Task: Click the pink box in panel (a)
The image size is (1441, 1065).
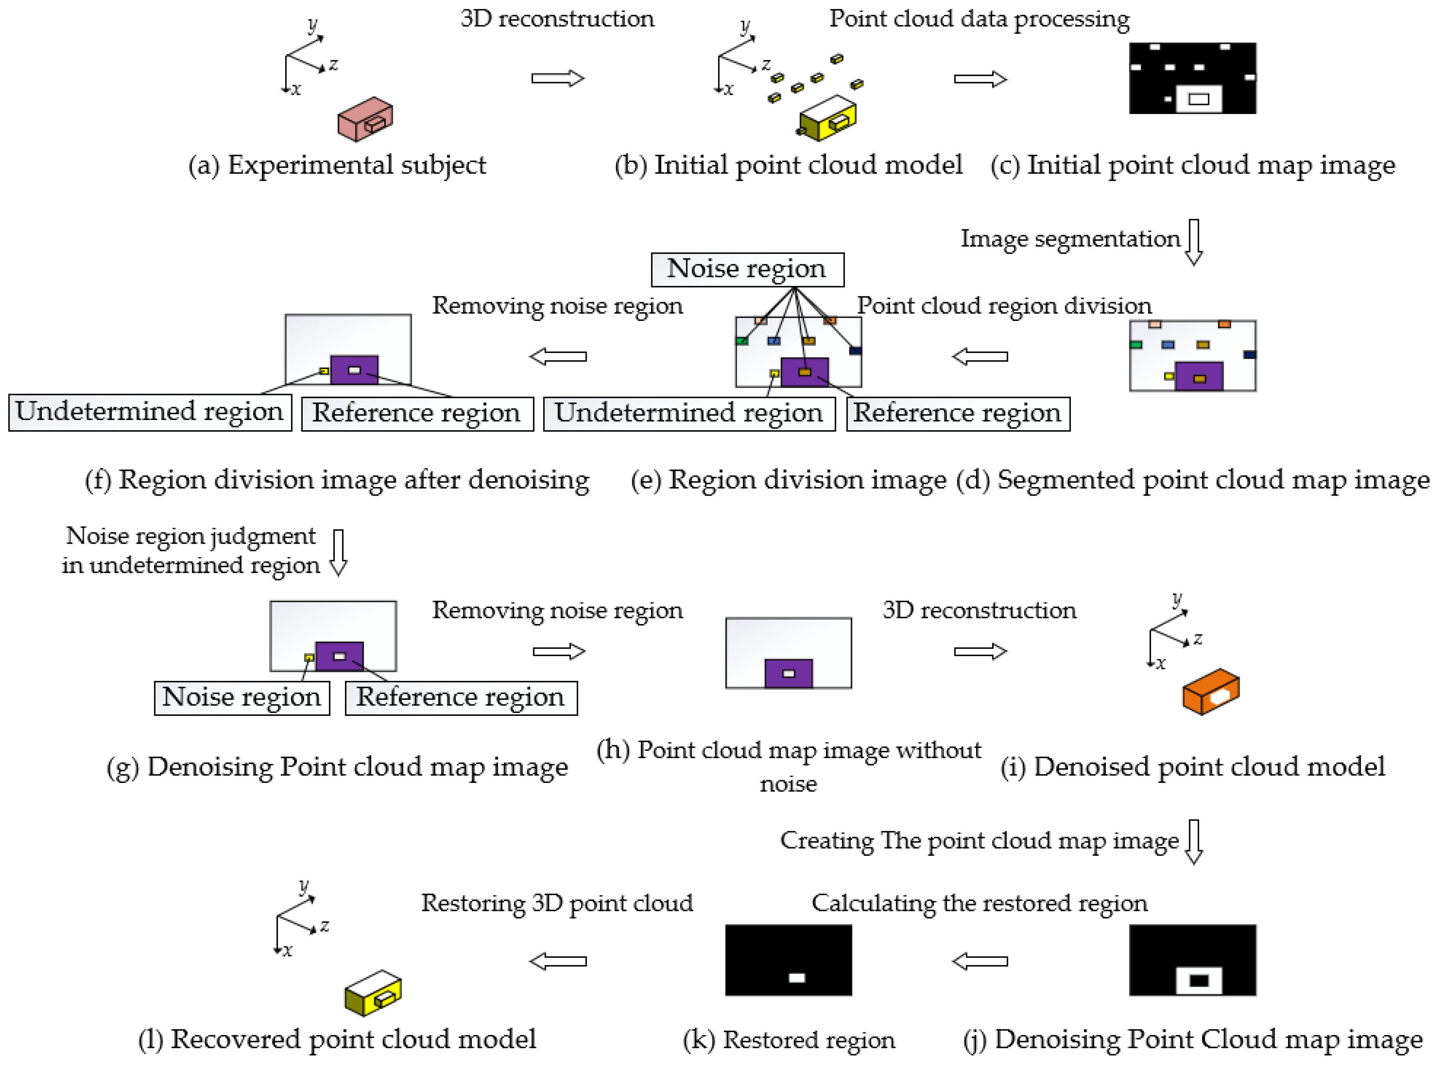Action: point(364,119)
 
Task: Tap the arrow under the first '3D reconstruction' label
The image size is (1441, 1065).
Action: point(557,79)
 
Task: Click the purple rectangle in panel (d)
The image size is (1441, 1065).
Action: point(1198,376)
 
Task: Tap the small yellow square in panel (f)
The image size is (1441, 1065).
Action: point(324,371)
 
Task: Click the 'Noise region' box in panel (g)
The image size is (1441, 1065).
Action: point(242,697)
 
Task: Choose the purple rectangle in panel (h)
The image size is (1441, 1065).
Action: point(788,673)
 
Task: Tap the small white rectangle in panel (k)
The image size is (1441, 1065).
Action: point(796,978)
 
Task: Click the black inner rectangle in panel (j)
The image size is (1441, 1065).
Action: point(1198,980)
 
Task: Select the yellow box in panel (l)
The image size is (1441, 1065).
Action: point(373,993)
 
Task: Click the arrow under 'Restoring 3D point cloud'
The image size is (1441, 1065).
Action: point(558,961)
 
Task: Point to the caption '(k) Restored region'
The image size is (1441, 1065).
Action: point(789,1040)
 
